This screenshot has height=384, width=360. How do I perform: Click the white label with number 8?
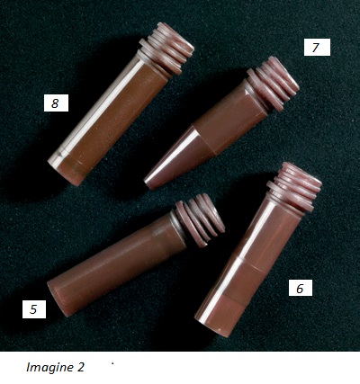56,103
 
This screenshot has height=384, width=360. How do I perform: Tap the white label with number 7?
317,47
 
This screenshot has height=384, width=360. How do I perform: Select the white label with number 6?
301,288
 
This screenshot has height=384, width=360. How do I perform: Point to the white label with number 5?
34,309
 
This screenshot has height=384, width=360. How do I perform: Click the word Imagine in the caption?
48,367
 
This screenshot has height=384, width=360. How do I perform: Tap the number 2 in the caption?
80,367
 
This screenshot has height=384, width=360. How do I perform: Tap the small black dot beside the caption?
112,364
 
